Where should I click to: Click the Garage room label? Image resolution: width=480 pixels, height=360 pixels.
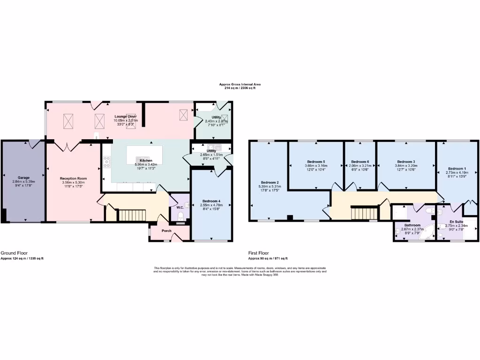click(24, 178)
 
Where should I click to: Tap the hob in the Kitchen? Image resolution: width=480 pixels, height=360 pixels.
click(107, 162)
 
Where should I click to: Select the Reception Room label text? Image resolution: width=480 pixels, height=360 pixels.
click(74, 179)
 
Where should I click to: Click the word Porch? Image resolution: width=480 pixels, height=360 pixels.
click(167, 230)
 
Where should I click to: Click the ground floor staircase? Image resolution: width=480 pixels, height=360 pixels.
click(132, 215)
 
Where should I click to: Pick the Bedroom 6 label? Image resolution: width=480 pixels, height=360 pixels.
click(360, 162)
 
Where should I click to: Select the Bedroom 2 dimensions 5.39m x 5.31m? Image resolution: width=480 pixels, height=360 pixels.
click(270, 186)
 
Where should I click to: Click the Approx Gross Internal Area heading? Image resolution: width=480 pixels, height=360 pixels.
click(240, 84)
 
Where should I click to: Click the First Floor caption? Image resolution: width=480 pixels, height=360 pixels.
click(259, 253)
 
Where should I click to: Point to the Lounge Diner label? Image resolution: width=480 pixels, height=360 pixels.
click(126, 116)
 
